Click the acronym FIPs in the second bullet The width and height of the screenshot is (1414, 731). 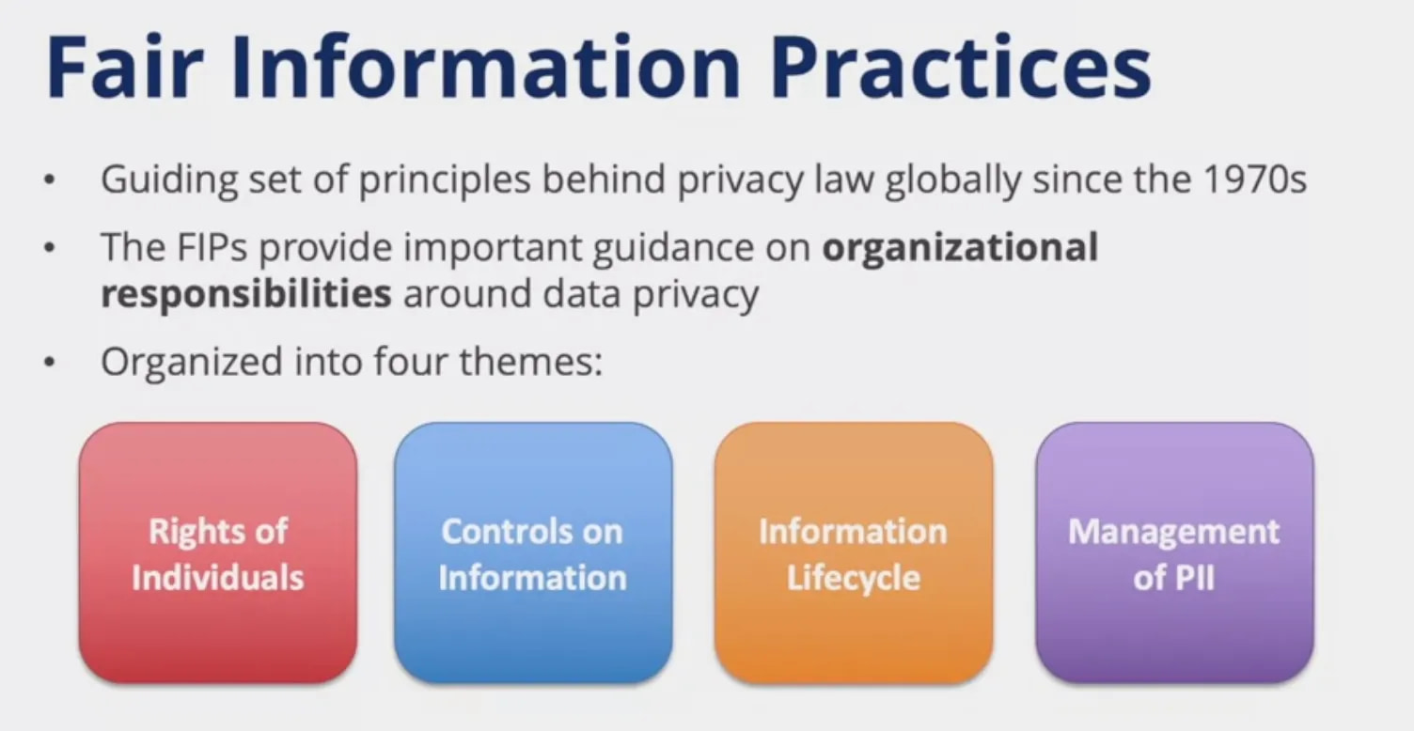212,246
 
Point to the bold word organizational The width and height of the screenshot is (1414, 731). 960,248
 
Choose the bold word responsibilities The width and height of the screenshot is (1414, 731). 246,294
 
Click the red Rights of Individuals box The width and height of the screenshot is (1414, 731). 218,553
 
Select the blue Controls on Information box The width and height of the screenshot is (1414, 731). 533,553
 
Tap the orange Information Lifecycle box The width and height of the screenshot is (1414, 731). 854,553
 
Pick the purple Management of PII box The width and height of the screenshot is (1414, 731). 1175,553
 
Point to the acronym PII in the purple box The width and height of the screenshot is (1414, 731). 1192,578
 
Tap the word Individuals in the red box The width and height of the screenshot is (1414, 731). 218,578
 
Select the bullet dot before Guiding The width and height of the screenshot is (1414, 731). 50,180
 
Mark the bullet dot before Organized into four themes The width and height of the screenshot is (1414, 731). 50,363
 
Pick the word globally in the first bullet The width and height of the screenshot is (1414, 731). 953,180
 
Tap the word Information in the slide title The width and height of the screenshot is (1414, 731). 486,67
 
